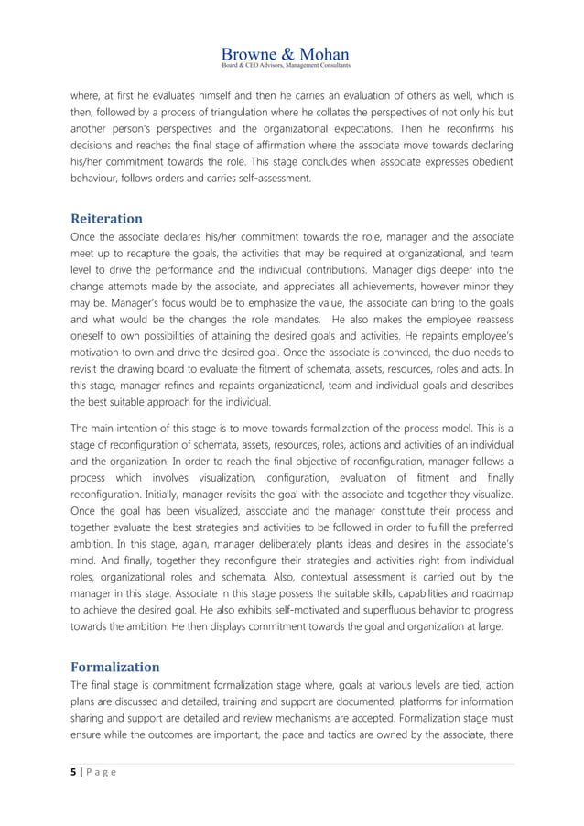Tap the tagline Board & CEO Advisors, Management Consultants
click(286, 66)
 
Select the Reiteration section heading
click(107, 219)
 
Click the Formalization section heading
click(115, 667)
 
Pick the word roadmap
click(488, 594)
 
